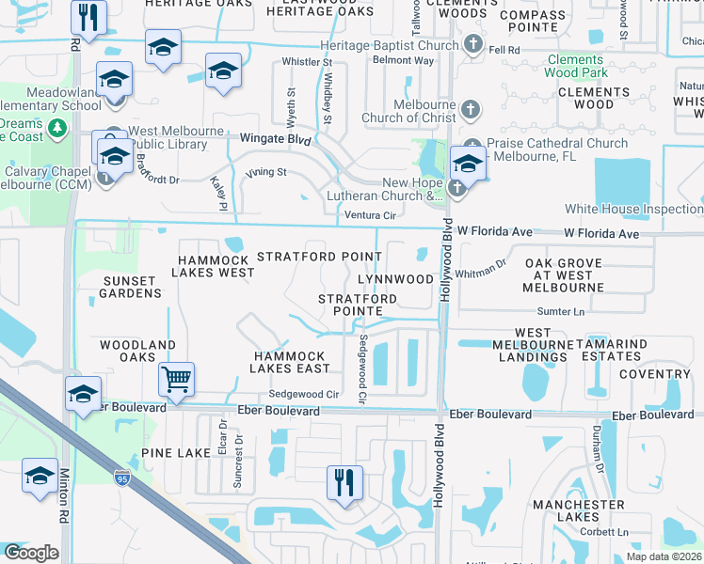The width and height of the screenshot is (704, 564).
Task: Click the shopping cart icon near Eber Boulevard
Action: tap(176, 380)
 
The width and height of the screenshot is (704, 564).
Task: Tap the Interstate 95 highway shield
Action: tap(121, 477)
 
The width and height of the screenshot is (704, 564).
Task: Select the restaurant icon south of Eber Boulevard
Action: tap(344, 482)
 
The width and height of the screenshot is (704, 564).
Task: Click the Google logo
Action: tap(31, 553)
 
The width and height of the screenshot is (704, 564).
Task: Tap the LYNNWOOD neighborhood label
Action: tap(395, 279)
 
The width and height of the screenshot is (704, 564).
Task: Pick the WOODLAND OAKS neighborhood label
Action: tap(137, 351)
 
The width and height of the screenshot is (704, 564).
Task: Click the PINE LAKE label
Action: tap(176, 453)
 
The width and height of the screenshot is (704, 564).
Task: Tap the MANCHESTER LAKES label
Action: tap(578, 510)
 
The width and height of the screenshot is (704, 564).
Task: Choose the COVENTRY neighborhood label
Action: tap(655, 374)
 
